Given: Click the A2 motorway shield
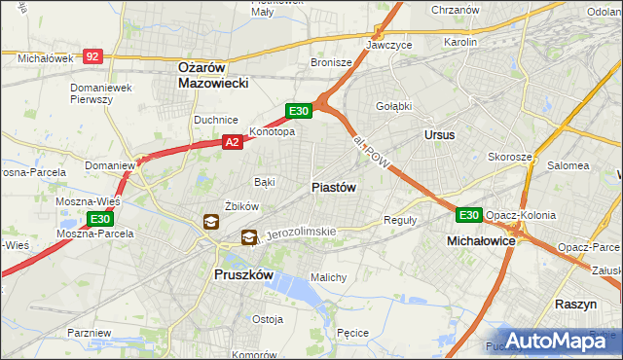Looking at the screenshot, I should pos(232,142).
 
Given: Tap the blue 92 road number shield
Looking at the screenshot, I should pos(92,57).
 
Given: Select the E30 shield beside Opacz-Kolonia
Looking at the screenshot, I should pos(469,214).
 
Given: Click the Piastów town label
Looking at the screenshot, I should pos(333,187).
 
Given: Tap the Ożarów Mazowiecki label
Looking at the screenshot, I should pos(214,75).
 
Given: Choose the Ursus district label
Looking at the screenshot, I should pos(439,134).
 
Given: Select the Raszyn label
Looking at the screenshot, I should pos(575,304).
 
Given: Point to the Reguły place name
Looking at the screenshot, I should pos(400,220).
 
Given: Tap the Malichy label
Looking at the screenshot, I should pos(329,277).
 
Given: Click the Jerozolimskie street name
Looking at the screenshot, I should pos(301,233).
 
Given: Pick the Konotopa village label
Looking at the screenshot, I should pos(272,131).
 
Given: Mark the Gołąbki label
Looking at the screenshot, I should pos(394,106).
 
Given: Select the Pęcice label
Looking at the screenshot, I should pos(351,333).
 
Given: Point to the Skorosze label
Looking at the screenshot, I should pos(510,157).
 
